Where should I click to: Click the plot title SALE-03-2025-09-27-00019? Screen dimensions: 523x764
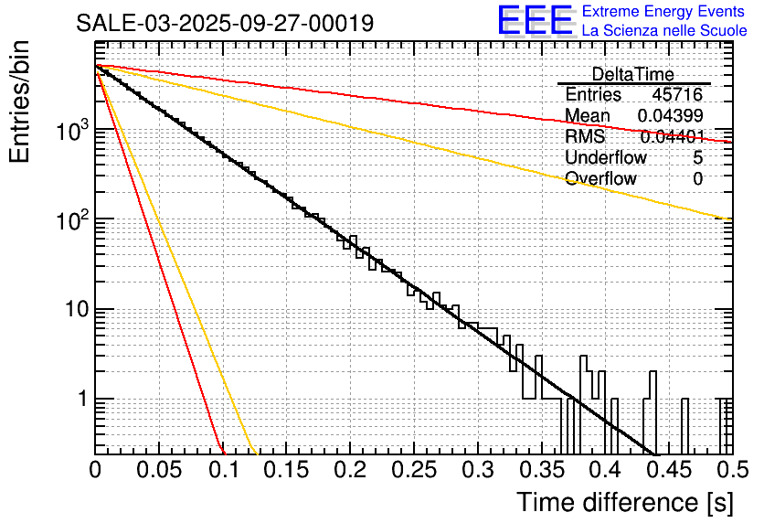[x=225, y=24]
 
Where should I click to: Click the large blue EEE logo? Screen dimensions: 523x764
[x=535, y=21]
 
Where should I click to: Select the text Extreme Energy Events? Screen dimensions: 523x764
[x=664, y=12]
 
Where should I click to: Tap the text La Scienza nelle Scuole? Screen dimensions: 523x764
[x=664, y=31]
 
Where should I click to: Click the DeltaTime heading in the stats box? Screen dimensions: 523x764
[x=633, y=74]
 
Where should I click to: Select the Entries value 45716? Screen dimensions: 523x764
[x=677, y=95]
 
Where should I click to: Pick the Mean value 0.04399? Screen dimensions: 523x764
[x=670, y=116]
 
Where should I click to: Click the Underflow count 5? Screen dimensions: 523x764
[x=697, y=158]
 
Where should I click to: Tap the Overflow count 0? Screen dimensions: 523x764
[x=697, y=179]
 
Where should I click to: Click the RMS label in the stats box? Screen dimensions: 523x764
[x=585, y=137]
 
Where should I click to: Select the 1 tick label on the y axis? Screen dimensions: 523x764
[x=79, y=400]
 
